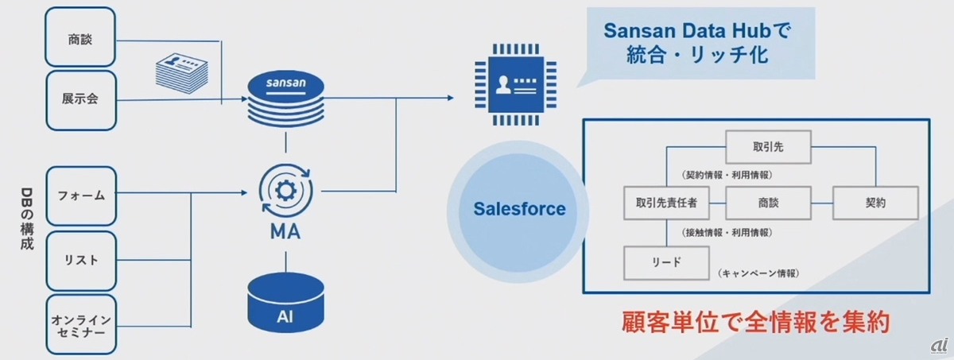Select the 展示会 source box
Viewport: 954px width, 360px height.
pos(82,100)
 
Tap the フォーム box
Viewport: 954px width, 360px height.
pos(82,195)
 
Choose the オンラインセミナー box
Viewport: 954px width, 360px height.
pos(82,324)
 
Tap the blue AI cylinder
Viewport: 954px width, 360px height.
pos(285,305)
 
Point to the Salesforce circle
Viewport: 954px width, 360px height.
pos(519,210)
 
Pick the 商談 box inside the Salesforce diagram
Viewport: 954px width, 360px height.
pos(768,203)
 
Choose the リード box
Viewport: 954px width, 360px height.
pos(665,261)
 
